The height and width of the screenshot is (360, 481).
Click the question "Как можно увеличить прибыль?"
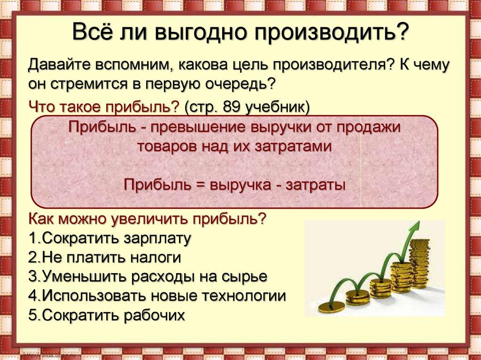coord(148,219)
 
